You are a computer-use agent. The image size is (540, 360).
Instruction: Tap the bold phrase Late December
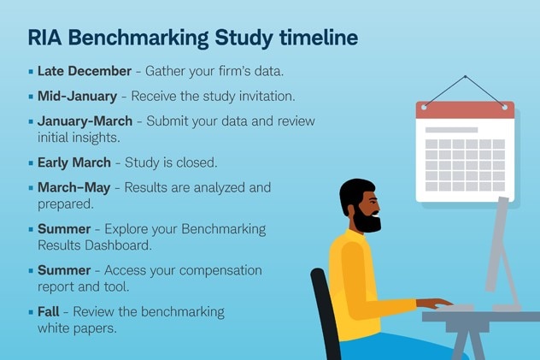pos(85,70)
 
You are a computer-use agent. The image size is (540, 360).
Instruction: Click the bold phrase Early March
pos(74,162)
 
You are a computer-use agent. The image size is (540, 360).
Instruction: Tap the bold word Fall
pos(49,311)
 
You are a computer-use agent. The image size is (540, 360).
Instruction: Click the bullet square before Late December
pos(31,71)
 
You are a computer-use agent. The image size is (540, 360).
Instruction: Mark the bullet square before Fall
pos(31,312)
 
